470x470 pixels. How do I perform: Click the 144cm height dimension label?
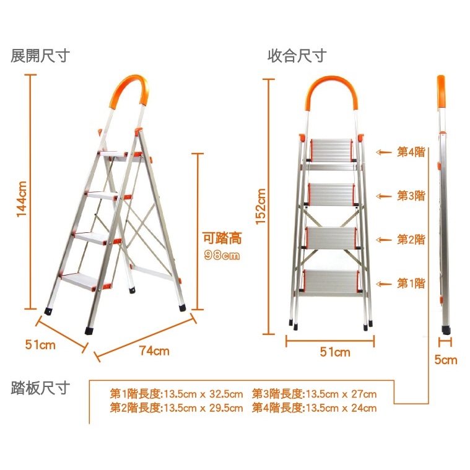[22, 199]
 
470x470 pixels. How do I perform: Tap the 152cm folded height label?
[261, 206]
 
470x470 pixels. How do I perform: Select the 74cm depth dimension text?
[154, 350]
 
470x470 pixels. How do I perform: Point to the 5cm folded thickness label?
[446, 360]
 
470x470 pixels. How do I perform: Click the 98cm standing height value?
[222, 255]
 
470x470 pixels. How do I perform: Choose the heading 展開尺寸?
[40, 56]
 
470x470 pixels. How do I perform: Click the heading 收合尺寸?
[297, 56]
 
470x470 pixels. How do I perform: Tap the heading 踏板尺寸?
[40, 388]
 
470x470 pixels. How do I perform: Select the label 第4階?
[411, 152]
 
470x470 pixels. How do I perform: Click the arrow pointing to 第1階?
[384, 284]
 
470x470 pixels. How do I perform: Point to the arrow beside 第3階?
[384, 196]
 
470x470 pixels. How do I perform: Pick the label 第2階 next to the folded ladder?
[411, 240]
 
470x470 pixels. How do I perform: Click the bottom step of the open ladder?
[81, 281]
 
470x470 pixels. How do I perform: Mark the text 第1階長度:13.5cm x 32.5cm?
[176, 394]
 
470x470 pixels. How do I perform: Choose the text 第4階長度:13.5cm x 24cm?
[314, 408]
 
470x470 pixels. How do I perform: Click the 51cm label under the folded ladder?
[335, 352]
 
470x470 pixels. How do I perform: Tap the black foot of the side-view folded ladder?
[446, 330]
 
